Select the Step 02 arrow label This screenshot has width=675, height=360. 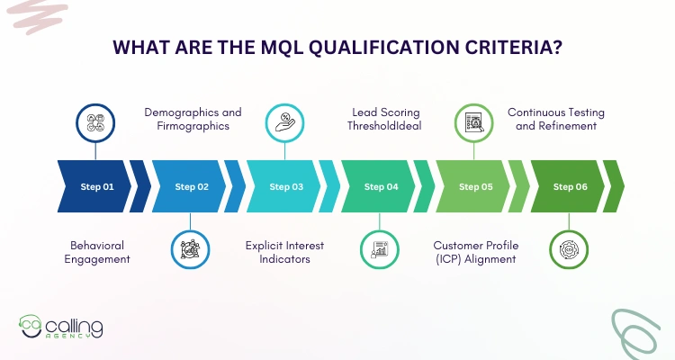click(191, 187)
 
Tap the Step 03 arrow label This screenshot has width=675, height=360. click(286, 187)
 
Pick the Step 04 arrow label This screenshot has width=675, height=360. click(381, 187)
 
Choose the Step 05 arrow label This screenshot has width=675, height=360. click(476, 187)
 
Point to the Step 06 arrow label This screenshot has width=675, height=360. click(571, 187)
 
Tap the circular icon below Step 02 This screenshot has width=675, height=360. click(190, 249)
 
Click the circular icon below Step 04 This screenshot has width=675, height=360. click(380, 249)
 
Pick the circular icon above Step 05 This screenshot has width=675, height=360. click(474, 122)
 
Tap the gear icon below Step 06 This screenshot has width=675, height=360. click(569, 249)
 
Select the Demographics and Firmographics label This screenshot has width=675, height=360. click(193, 119)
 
